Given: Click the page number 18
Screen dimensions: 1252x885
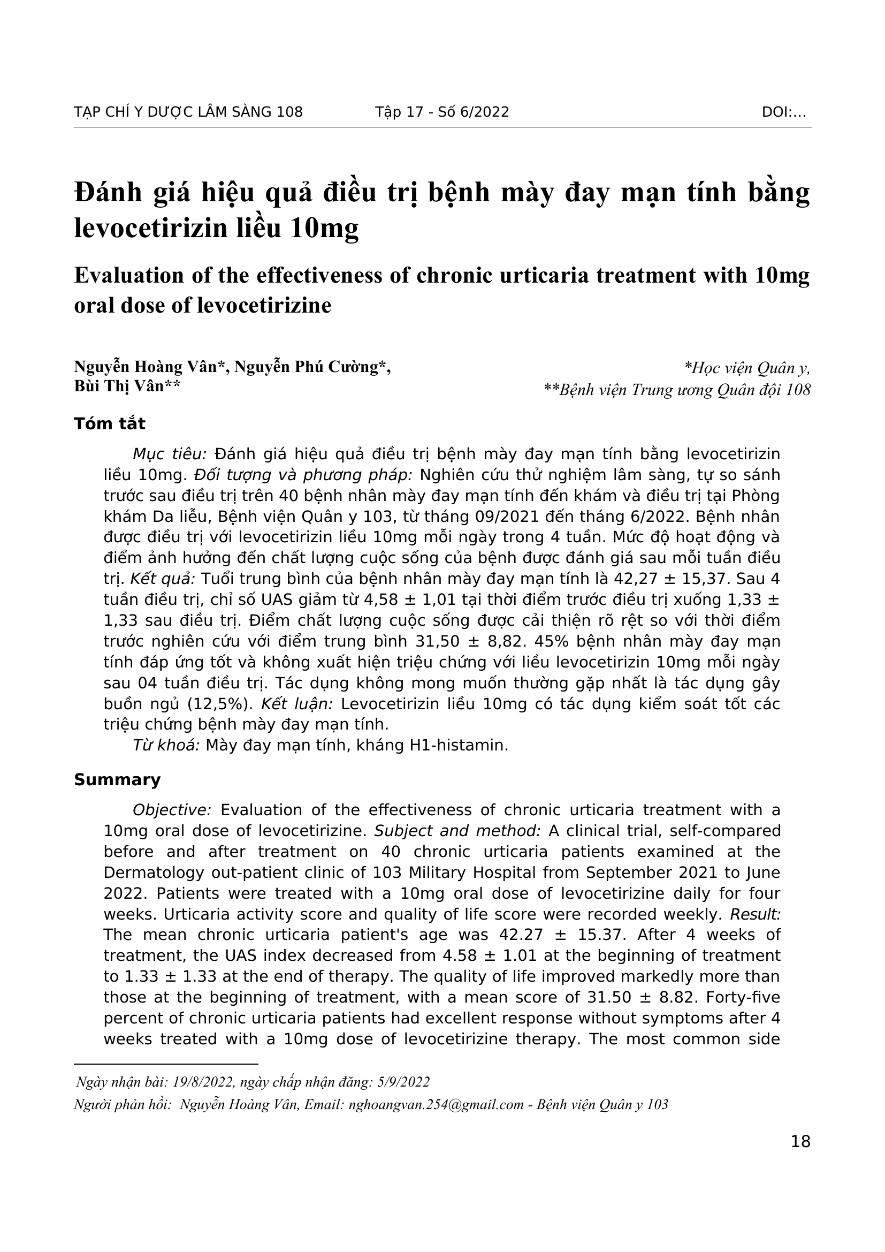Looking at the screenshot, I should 800,1141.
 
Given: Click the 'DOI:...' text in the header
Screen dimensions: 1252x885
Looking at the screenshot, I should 784,112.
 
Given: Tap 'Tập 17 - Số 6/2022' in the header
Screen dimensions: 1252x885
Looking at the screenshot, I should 442,112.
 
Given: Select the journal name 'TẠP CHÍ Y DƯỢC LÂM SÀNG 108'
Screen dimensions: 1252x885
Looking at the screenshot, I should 188,112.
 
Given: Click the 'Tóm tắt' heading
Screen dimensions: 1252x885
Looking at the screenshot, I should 110,424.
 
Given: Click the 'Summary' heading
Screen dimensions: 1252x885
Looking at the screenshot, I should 117,780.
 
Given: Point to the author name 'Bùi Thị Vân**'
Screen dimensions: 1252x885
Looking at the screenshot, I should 127,386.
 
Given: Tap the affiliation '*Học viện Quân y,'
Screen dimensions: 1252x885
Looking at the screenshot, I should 747,369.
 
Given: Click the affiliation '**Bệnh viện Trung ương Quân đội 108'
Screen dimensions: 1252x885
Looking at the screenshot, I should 677,390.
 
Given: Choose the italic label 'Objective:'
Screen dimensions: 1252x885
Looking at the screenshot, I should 172,810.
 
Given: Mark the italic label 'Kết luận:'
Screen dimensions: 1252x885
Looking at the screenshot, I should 297,704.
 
